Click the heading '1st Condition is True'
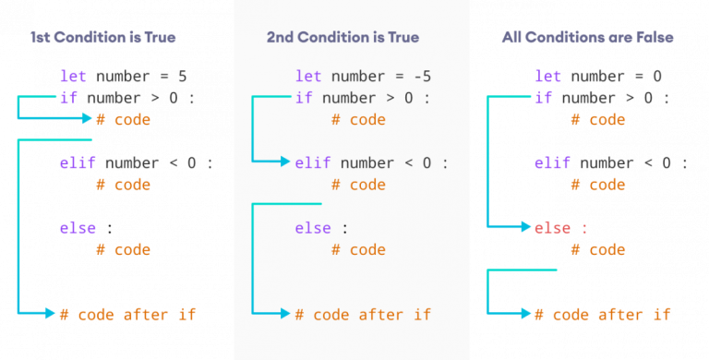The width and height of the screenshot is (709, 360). (102, 38)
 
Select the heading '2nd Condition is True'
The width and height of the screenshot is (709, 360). (342, 38)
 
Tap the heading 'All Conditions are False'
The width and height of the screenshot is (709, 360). (587, 38)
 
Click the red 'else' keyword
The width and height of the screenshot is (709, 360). (552, 227)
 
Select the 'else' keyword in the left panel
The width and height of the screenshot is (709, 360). (77, 227)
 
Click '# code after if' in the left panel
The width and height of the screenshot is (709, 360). (127, 314)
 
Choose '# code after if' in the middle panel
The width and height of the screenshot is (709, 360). (363, 314)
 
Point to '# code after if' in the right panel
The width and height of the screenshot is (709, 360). (602, 314)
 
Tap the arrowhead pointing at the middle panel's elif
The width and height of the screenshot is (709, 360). (286, 162)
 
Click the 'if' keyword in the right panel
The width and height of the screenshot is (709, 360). (543, 98)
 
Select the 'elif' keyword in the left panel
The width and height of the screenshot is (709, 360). (77, 162)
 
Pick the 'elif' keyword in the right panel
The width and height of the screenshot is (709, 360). (552, 162)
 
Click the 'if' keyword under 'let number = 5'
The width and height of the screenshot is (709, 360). (68, 98)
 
